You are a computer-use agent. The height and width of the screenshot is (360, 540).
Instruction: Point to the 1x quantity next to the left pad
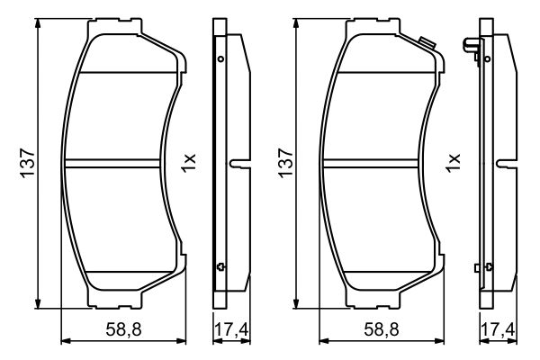tap(188, 163)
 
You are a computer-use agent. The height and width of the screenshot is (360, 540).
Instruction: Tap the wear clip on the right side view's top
tap(469, 44)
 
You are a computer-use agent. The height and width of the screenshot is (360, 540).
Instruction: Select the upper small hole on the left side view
tap(220, 59)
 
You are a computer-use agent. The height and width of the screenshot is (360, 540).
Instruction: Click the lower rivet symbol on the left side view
tap(220, 265)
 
